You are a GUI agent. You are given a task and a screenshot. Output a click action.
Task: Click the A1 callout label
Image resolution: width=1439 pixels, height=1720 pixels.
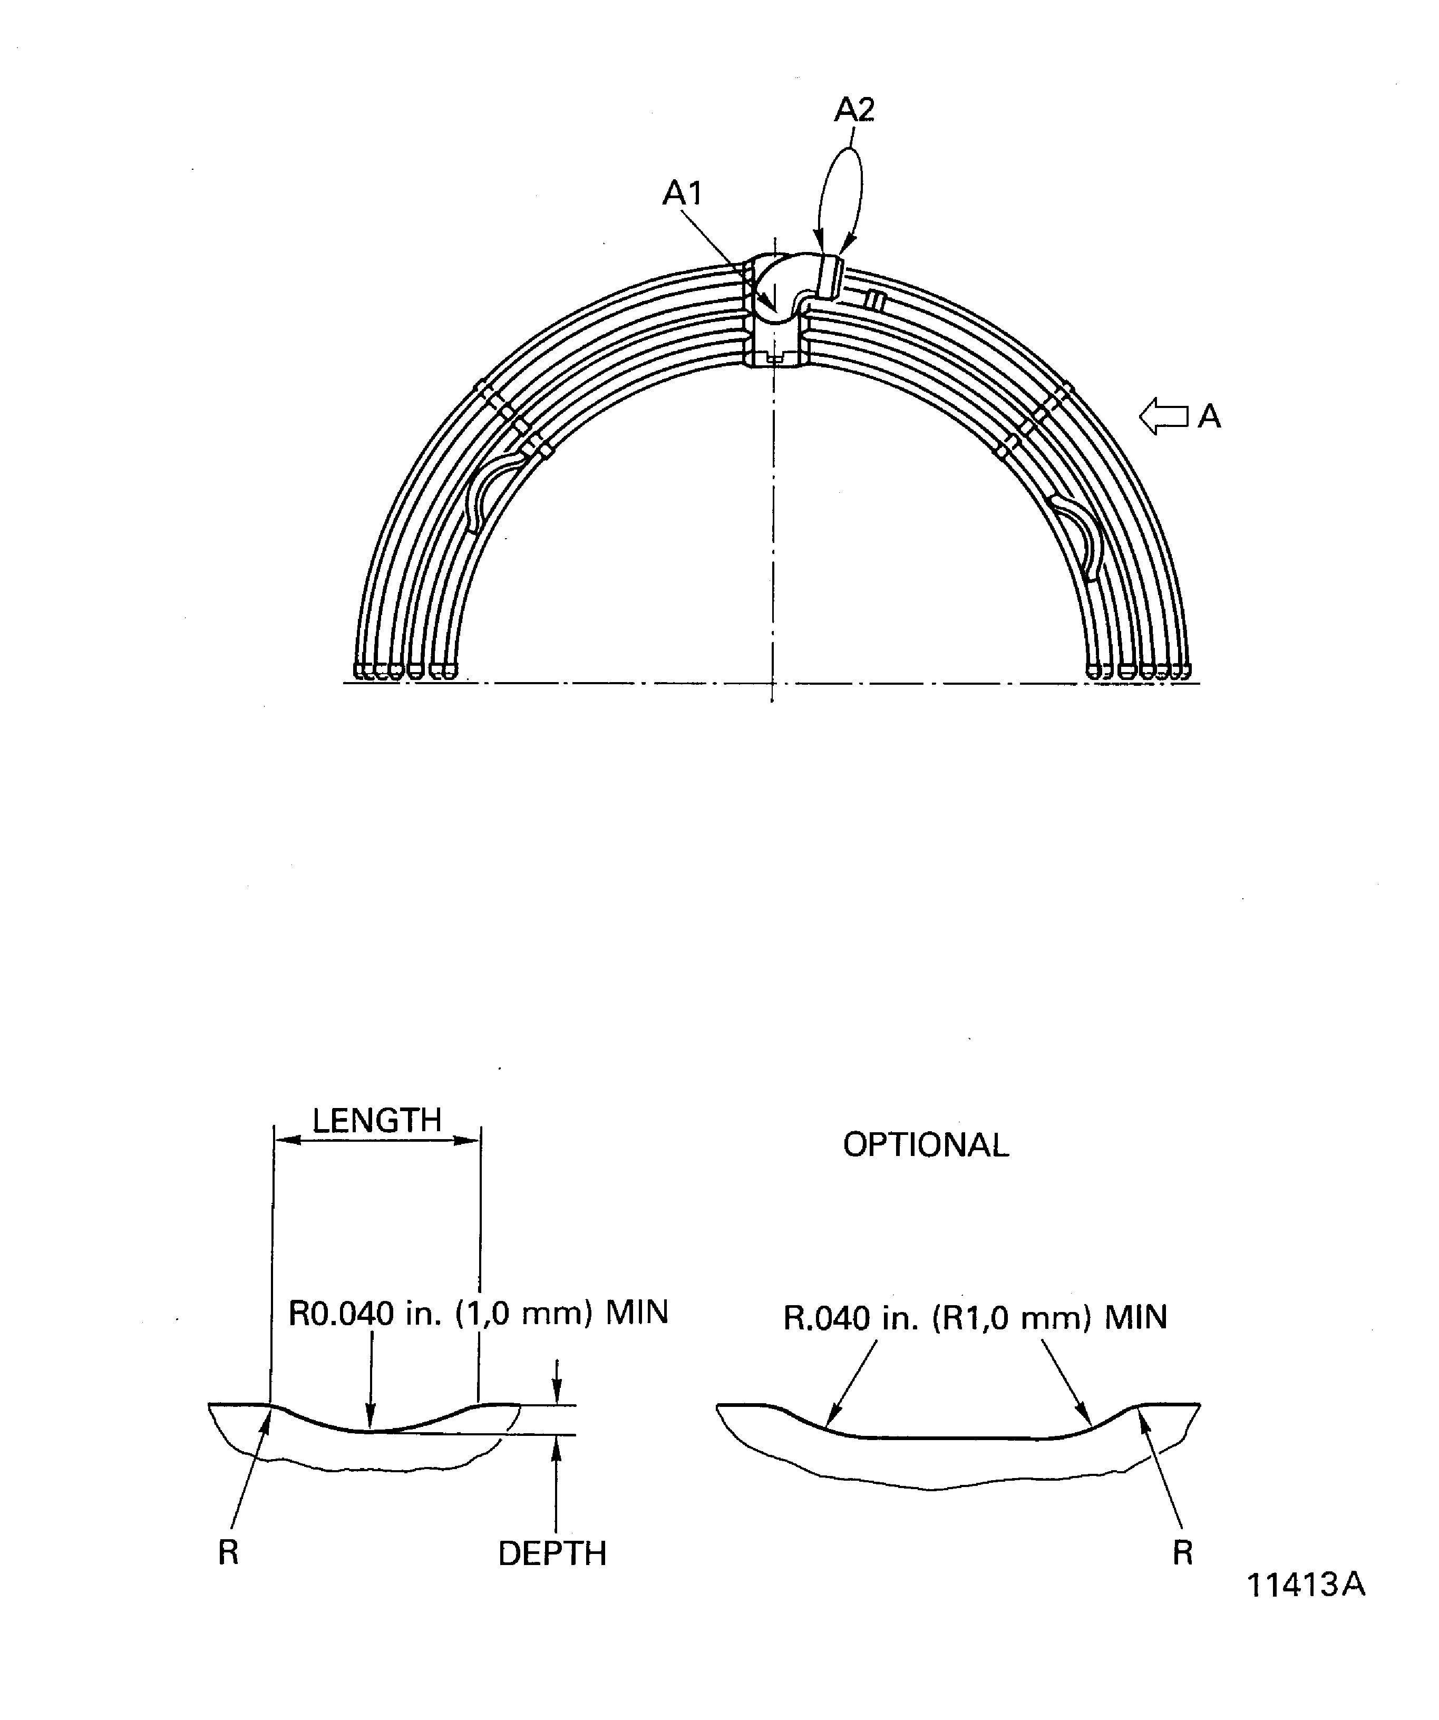coord(682,194)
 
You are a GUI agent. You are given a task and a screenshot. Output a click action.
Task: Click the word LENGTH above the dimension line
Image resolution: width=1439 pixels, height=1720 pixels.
coord(377,1121)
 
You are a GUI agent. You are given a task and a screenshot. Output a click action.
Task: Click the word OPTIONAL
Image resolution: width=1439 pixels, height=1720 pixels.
coord(926,1145)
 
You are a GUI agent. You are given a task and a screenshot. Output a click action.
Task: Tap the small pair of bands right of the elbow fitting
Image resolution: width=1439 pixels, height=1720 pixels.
coord(874,300)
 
